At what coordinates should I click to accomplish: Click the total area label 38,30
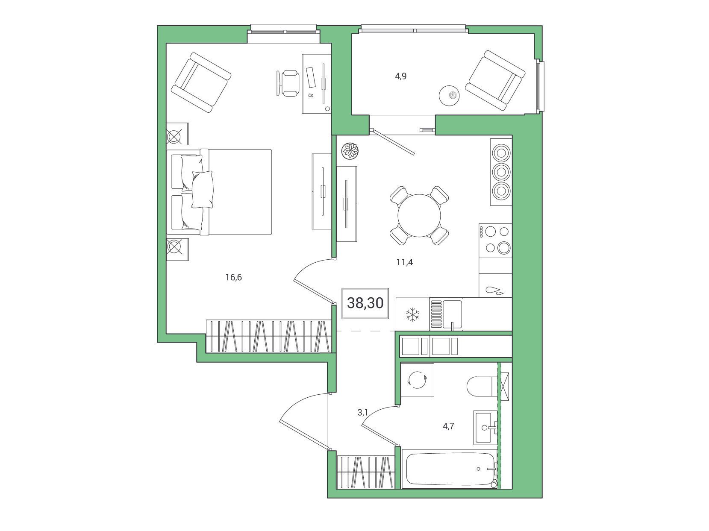click(x=365, y=303)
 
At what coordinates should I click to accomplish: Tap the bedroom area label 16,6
click(x=233, y=277)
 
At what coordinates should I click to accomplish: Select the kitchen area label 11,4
click(x=405, y=262)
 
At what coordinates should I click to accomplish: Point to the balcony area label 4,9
click(x=400, y=76)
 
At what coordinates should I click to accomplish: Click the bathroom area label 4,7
click(x=448, y=426)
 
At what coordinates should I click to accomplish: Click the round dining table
click(x=419, y=216)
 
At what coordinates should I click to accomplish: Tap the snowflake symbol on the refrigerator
click(x=412, y=315)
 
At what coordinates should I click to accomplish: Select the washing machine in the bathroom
click(x=417, y=380)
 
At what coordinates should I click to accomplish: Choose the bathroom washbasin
click(x=485, y=428)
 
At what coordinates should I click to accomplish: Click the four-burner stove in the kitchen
click(x=495, y=240)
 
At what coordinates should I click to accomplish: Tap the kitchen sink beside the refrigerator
click(x=446, y=314)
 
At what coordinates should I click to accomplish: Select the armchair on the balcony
click(x=495, y=80)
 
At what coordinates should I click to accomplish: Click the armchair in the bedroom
click(x=201, y=82)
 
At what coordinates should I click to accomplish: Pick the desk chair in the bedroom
click(x=288, y=83)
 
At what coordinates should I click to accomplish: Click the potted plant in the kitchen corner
click(x=350, y=151)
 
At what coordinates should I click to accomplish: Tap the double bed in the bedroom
click(x=219, y=192)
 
